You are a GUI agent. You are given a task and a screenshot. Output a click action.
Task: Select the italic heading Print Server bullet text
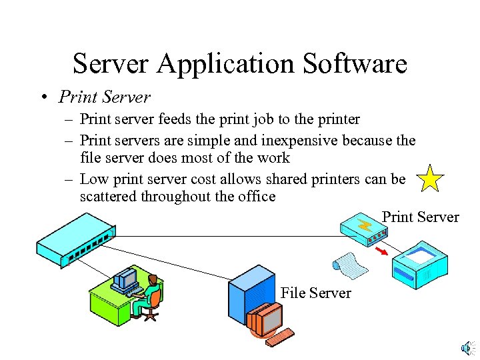point(105,97)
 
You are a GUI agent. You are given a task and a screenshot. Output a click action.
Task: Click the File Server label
point(316,293)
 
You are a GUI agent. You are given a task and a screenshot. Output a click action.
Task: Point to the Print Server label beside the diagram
point(420,217)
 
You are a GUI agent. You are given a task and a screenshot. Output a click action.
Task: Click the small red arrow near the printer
point(382,251)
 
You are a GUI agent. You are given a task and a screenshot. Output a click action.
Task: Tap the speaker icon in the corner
point(467,347)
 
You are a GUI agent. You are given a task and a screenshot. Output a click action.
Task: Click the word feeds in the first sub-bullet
point(176,119)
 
